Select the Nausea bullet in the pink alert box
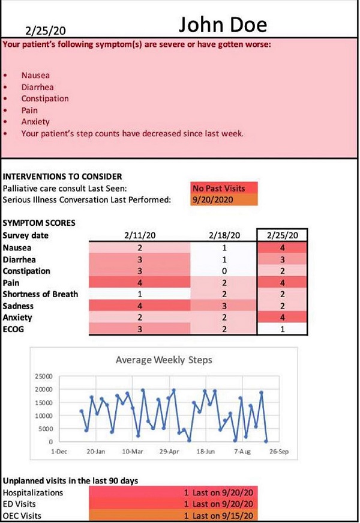(x=35, y=76)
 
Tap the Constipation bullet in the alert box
(x=44, y=98)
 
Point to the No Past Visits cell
(x=224, y=188)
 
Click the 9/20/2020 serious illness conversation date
(x=224, y=199)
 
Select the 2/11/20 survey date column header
(x=139, y=236)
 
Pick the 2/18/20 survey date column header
(x=224, y=236)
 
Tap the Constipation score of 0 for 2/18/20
(x=224, y=271)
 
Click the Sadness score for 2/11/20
(x=139, y=306)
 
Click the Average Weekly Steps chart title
(x=163, y=360)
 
